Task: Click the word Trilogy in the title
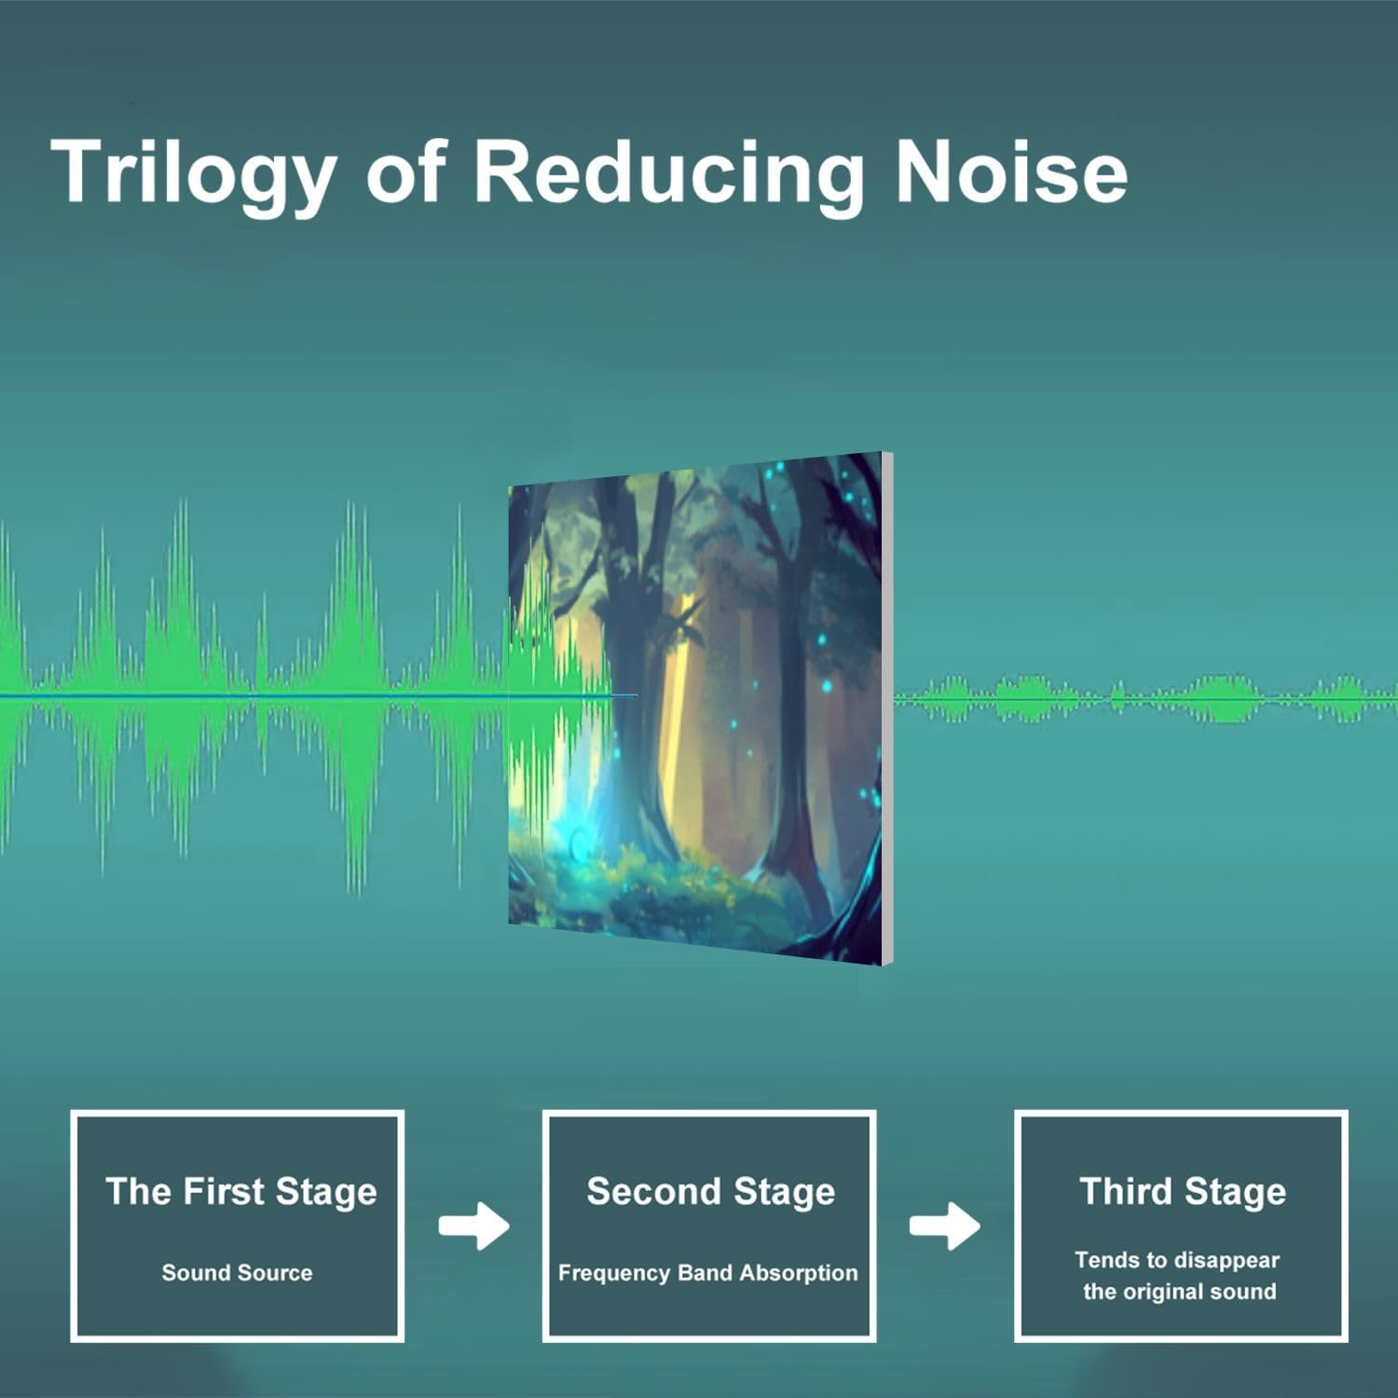tap(193, 172)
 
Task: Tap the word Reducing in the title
tap(669, 172)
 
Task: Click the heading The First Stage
tap(241, 1192)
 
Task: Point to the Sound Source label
tap(237, 1272)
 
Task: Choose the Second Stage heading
tap(710, 1192)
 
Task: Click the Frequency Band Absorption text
tap(707, 1273)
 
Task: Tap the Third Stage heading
tap(1183, 1192)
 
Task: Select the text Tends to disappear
tap(1177, 1261)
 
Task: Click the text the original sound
tap(1179, 1292)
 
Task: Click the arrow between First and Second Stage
tap(474, 1226)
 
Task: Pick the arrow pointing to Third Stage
tap(945, 1226)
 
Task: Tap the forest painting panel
tap(695, 708)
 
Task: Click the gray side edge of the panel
tap(888, 708)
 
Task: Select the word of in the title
tap(406, 172)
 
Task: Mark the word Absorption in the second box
tap(798, 1273)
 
